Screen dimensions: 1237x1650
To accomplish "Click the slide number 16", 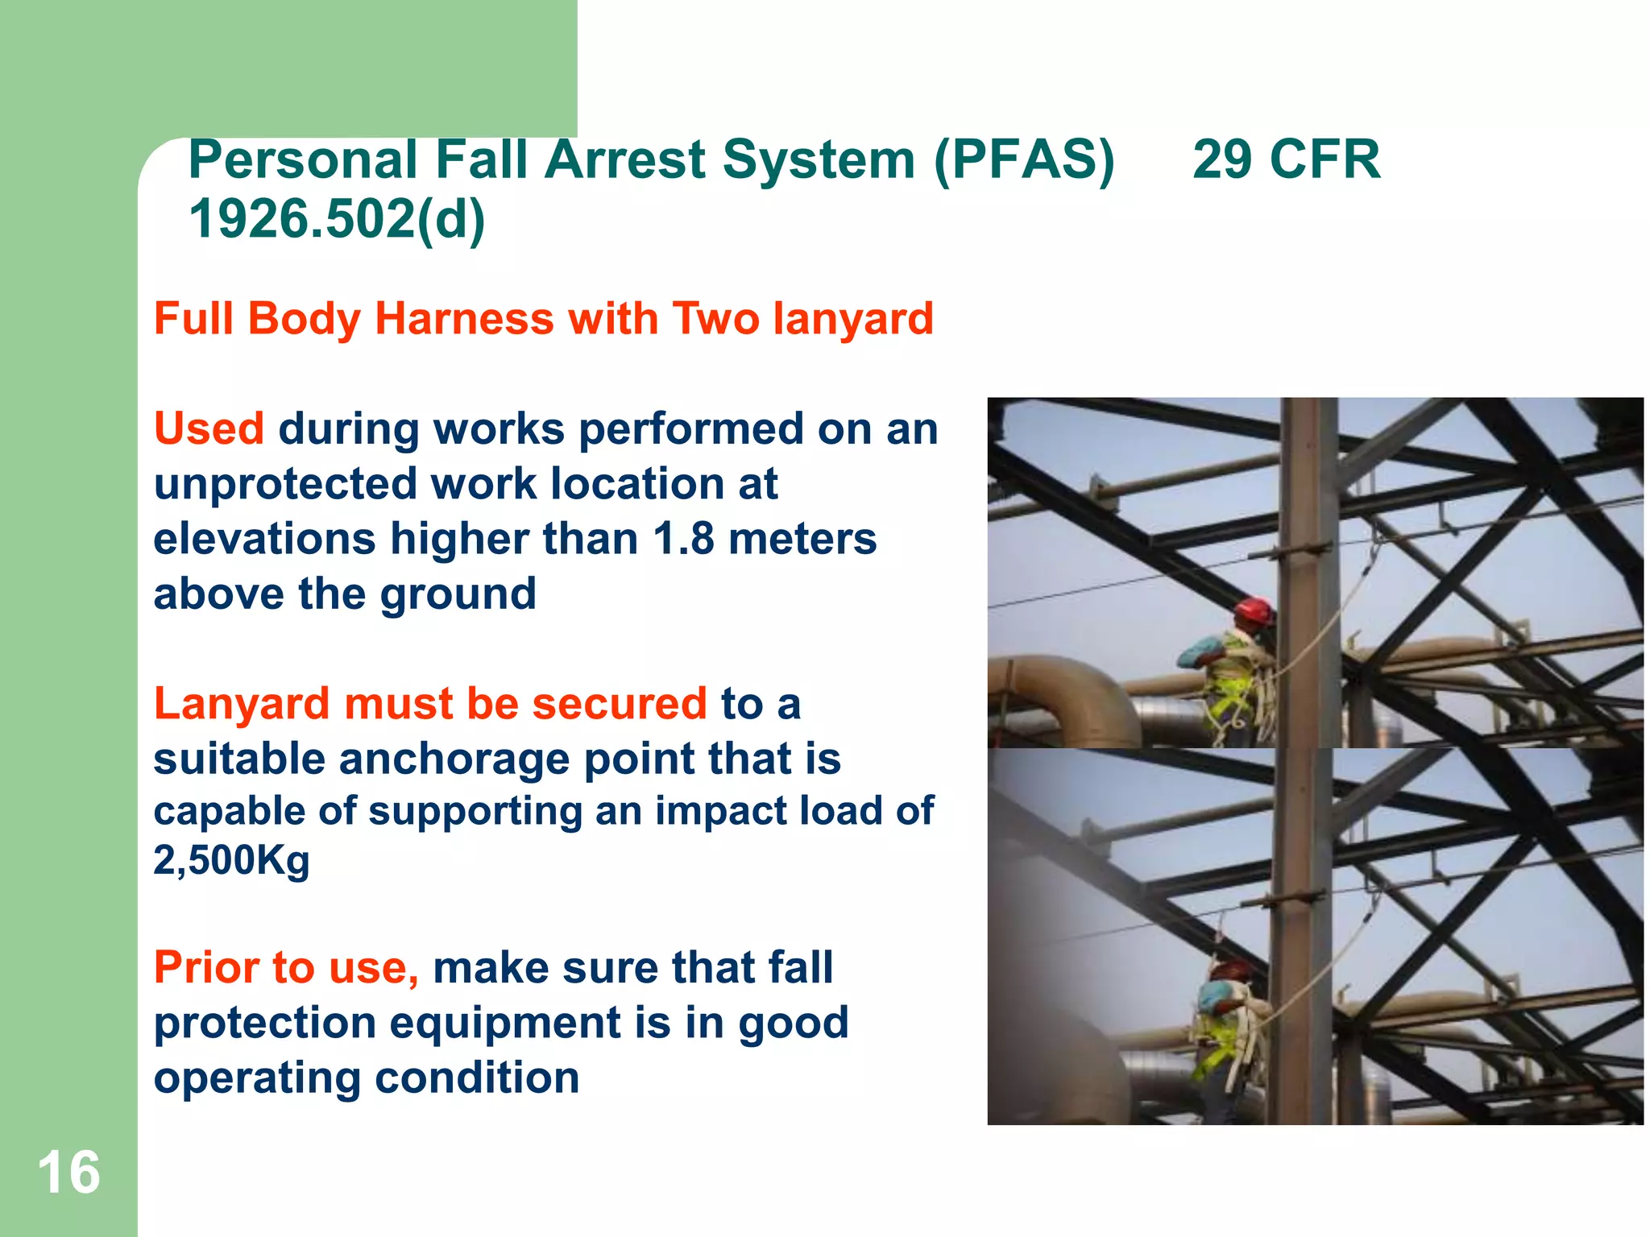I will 69,1173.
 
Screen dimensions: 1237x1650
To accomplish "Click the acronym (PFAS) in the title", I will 1024,159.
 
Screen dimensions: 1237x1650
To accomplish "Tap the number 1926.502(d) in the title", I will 337,219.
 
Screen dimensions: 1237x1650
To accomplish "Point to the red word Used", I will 209,428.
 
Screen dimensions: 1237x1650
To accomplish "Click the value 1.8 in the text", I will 683,539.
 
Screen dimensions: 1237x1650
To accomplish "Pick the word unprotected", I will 284,484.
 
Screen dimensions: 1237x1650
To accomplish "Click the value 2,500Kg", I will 231,860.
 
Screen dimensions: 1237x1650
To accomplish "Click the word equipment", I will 505,1023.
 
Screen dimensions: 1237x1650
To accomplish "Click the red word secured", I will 620,704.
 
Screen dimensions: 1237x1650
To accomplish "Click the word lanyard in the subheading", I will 853,319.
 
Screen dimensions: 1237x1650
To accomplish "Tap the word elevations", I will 264,539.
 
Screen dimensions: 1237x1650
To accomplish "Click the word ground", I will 458,594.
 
